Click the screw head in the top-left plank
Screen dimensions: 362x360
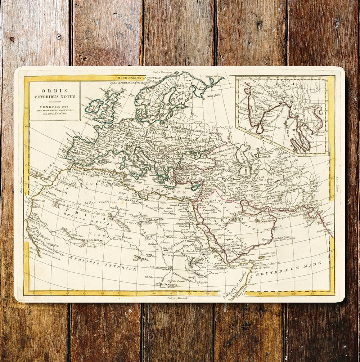click(x=59, y=36)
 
